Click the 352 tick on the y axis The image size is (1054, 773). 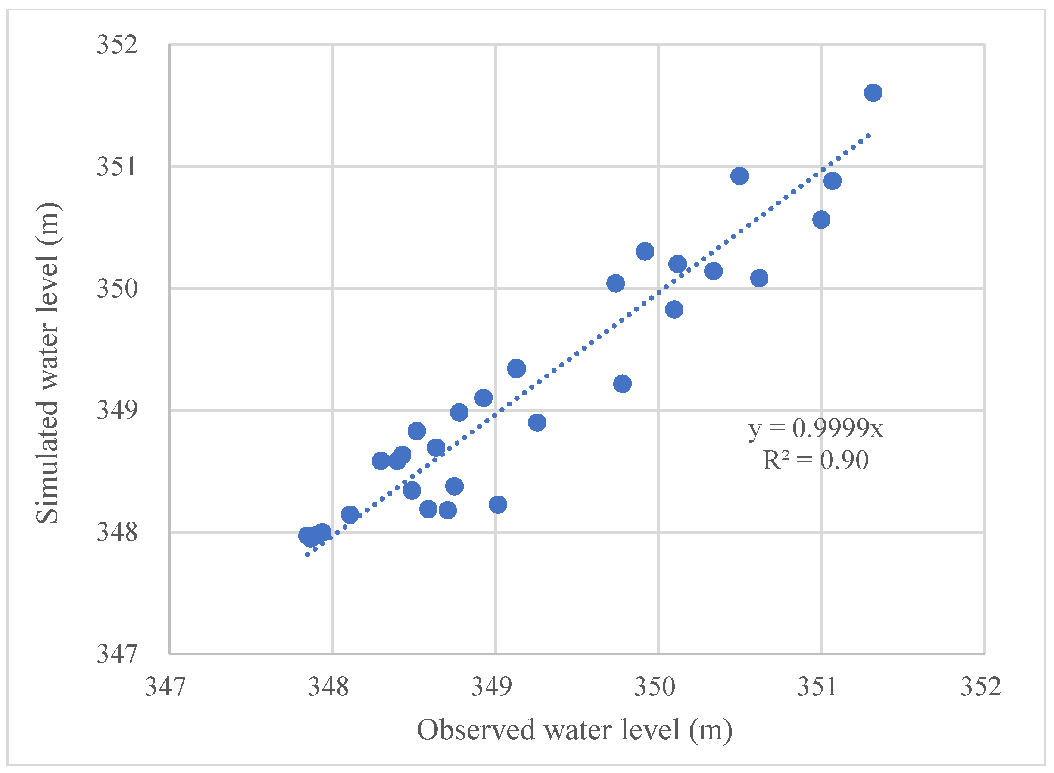pyautogui.click(x=117, y=45)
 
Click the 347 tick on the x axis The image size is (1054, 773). pyautogui.click(x=165, y=687)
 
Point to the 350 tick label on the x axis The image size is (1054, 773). pyautogui.click(x=655, y=687)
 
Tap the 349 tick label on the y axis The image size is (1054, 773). pyautogui.click(x=117, y=410)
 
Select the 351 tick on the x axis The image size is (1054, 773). pyautogui.click(x=817, y=687)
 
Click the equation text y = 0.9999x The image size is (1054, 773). pyautogui.click(x=816, y=428)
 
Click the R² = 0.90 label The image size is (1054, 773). pyautogui.click(x=816, y=461)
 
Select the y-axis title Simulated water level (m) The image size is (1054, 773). pyautogui.click(x=48, y=363)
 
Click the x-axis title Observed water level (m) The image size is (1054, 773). pyautogui.click(x=574, y=730)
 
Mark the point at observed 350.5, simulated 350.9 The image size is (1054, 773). pyautogui.click(x=739, y=176)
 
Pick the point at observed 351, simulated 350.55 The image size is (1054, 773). pyautogui.click(x=821, y=220)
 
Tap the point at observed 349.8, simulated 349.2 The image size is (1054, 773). pyautogui.click(x=622, y=384)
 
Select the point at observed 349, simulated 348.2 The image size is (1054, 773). pyautogui.click(x=498, y=505)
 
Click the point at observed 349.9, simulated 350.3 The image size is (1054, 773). pyautogui.click(x=645, y=251)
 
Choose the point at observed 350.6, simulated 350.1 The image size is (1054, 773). pyautogui.click(x=760, y=278)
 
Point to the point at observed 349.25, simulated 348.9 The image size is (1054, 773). pyautogui.click(x=537, y=422)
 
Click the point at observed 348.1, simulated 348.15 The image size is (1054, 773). pyautogui.click(x=350, y=515)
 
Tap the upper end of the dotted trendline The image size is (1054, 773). pyautogui.click(x=869, y=136)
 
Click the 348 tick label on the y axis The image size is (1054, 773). pyautogui.click(x=117, y=532)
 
